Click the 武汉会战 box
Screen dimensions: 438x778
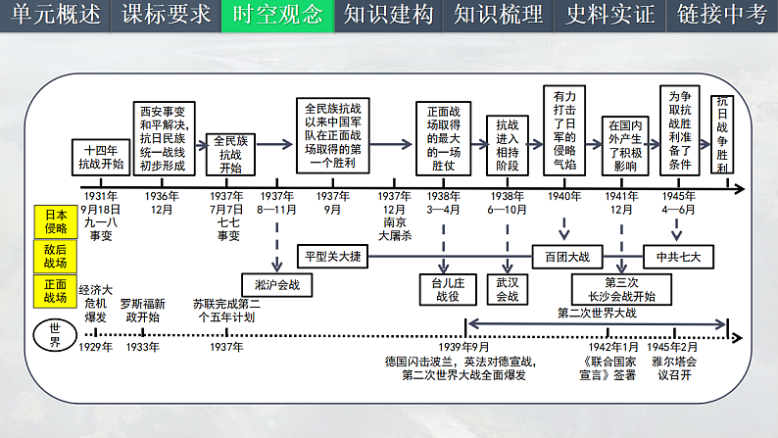pos(508,289)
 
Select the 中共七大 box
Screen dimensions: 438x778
pos(679,257)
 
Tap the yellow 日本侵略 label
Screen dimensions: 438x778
pos(55,221)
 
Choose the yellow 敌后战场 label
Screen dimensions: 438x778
pos(55,257)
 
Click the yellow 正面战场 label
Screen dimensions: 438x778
pos(55,291)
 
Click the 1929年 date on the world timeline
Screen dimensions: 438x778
pos(95,347)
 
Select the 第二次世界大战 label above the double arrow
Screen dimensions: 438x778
pos(597,313)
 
